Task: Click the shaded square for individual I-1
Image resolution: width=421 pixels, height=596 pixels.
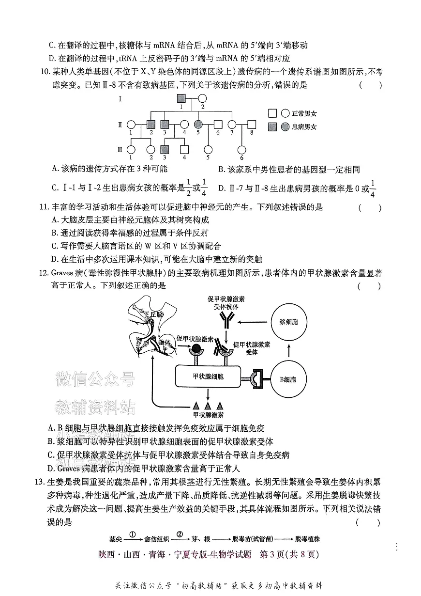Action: (x=181, y=98)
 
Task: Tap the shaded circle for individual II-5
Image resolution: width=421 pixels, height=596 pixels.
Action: (x=198, y=124)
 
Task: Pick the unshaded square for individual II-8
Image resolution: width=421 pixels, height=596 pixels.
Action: (x=251, y=124)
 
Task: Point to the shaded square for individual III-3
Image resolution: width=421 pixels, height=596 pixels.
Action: (x=165, y=149)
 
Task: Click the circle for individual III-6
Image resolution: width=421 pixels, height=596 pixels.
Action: (x=241, y=150)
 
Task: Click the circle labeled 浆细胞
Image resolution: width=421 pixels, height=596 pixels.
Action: (x=289, y=322)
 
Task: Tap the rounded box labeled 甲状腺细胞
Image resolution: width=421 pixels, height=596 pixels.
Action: (x=208, y=376)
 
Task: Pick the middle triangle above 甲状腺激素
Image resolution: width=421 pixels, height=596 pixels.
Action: (x=208, y=406)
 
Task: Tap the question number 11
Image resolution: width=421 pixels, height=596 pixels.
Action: (x=44, y=207)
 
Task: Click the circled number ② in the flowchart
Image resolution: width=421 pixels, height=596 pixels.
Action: (x=180, y=534)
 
